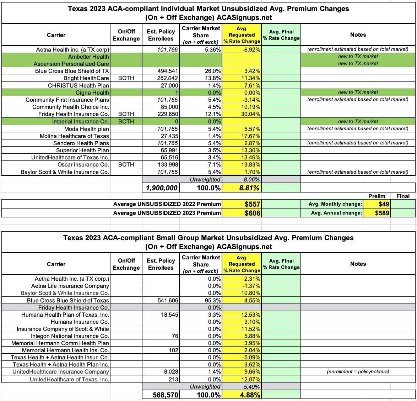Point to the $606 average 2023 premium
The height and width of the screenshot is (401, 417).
coord(253,213)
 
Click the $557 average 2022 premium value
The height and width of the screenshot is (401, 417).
coord(253,204)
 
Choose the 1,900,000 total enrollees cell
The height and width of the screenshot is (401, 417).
coord(162,188)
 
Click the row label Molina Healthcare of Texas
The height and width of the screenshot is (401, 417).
coord(75,136)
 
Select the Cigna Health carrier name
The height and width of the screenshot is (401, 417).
coord(94,93)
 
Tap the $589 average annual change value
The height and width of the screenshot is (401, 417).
coord(382,213)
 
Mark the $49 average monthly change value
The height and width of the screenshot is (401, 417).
coord(384,204)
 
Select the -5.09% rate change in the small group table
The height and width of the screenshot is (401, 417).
coord(252,357)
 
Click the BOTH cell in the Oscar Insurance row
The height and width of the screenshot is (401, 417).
coord(126,165)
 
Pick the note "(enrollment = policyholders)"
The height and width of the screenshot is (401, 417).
coord(358,371)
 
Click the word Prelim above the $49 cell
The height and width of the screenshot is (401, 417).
coord(377,196)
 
